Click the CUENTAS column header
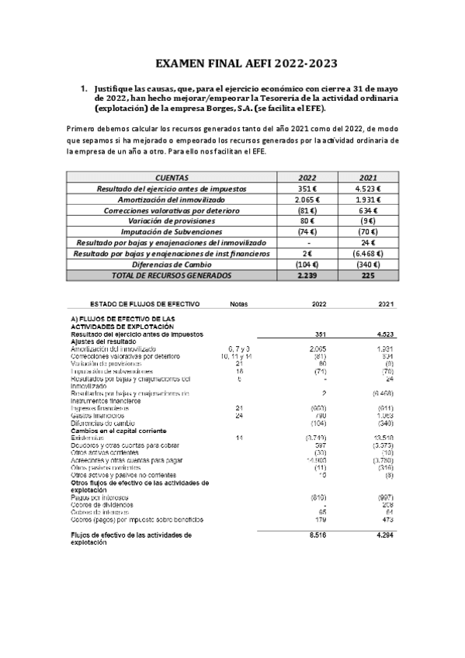pos(172,177)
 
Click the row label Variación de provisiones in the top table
pos(172,221)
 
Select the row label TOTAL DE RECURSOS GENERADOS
pos(172,275)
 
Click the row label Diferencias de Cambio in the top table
pos(172,265)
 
